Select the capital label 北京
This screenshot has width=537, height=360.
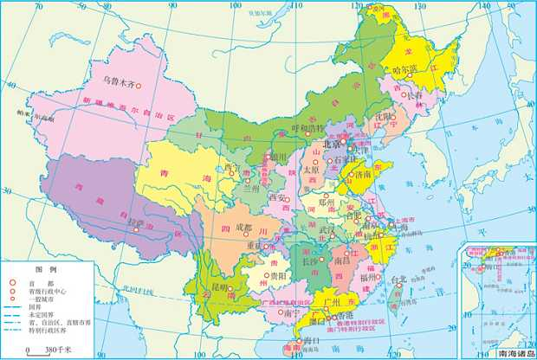tap(333, 145)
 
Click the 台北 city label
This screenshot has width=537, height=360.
tap(398, 280)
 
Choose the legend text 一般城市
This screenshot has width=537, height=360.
tap(42, 297)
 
